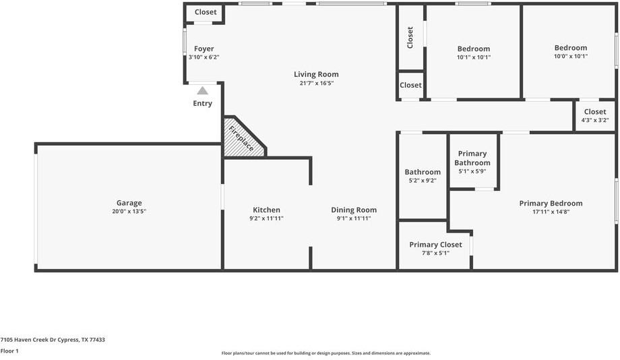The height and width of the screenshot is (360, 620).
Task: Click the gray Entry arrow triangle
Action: click(x=202, y=90)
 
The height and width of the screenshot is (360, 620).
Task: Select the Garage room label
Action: click(x=129, y=203)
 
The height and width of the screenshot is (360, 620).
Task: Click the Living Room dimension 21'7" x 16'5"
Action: click(x=316, y=83)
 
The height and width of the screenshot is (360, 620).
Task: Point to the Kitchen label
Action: click(x=266, y=210)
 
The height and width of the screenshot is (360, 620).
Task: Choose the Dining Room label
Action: click(x=354, y=210)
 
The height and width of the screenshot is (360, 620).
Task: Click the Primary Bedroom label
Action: click(x=551, y=203)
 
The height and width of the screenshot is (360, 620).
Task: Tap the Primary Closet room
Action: click(x=435, y=245)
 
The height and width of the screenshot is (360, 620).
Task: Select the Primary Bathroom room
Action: click(x=472, y=158)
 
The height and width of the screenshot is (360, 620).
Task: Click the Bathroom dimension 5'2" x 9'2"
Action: click(x=423, y=181)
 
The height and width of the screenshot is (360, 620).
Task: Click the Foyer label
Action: click(x=204, y=49)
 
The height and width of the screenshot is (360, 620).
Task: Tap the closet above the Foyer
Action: click(x=206, y=12)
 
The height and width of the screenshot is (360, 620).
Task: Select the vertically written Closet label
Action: click(x=410, y=37)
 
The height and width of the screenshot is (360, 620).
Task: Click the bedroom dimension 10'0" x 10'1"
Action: click(x=570, y=57)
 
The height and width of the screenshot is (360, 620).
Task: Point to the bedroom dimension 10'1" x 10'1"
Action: click(x=473, y=57)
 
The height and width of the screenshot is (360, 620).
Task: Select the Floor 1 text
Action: click(x=9, y=351)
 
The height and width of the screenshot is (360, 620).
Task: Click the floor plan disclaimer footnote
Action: click(x=325, y=353)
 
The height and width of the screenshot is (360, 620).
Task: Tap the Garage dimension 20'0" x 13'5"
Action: click(x=129, y=212)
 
